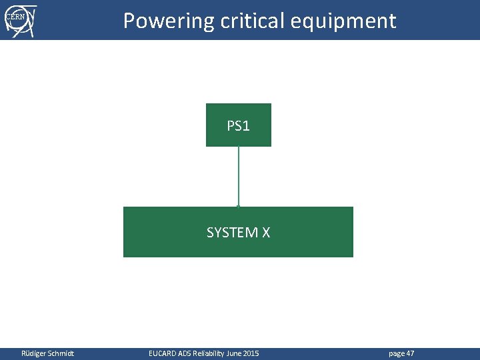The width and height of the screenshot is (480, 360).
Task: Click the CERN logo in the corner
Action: pos(20,20)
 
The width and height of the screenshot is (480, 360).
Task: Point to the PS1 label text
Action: pos(239,125)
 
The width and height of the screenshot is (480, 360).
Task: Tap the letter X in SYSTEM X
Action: pos(265,233)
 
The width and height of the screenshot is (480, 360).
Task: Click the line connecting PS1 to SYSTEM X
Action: pos(239,177)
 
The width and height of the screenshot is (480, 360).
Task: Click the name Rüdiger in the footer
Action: pos(34,353)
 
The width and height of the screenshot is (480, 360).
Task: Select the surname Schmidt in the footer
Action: pos(61,353)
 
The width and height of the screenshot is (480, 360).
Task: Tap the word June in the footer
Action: pos(236,353)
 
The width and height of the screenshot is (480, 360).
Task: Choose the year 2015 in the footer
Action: pos(252,353)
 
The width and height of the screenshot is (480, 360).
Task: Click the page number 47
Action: pos(410,353)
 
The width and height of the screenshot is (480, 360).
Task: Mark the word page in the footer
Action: pos(396,353)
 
